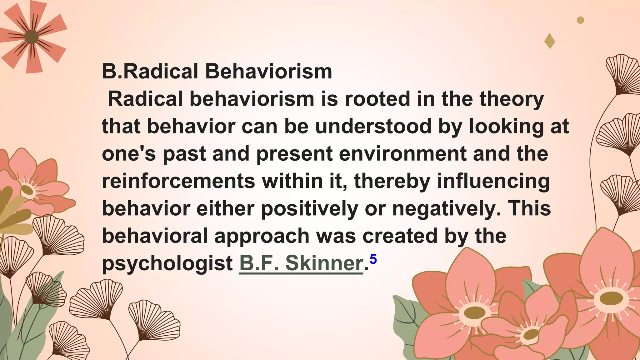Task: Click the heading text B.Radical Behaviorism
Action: pos(217,72)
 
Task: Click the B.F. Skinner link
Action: pos(301,263)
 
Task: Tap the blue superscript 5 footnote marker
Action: pos(373,259)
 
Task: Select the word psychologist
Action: pos(167,263)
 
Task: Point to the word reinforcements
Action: pos(178,181)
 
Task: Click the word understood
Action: pos(373,127)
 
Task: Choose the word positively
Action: pos(309,209)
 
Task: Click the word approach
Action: pos(262,236)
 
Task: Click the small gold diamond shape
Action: pos(549,41)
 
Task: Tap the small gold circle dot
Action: pos(580,20)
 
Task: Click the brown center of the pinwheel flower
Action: pos(31,37)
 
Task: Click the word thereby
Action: pos(392,181)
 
